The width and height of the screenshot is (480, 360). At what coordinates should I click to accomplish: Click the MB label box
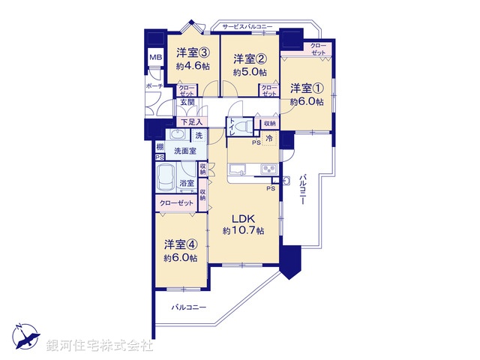coord(155,58)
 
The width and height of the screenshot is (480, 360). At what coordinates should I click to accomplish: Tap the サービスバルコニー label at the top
coord(247,28)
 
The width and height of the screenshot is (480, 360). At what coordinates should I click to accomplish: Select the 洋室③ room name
coord(193,53)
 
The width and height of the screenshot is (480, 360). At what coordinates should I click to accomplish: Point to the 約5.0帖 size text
coord(249,73)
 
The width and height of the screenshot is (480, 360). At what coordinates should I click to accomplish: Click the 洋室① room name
coord(307,88)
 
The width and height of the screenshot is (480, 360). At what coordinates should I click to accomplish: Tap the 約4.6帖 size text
coord(193,67)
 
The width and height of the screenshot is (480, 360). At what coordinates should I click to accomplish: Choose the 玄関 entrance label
coord(187,103)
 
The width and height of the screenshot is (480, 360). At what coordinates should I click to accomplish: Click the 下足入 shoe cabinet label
coord(191,122)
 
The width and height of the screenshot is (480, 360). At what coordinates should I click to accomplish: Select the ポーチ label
coord(154,86)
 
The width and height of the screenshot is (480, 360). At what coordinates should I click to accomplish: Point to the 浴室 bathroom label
coord(187,183)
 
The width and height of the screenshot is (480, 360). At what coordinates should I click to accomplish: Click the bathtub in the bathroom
coord(166,178)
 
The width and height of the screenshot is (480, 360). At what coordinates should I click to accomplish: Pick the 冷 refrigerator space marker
coord(268,137)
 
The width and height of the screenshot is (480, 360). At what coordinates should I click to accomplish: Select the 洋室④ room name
coord(181,244)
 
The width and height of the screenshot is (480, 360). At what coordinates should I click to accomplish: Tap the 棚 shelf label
coord(160,147)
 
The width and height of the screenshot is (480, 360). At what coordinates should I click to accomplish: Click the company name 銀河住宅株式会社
coord(100,346)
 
